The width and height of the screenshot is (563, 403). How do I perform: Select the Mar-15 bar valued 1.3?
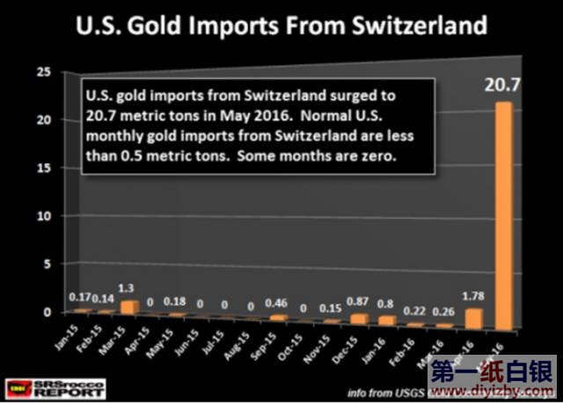pos(129,306)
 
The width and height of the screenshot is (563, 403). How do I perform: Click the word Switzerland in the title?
pos(413,25)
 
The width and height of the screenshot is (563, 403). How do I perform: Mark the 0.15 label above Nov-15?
pos(330,310)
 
